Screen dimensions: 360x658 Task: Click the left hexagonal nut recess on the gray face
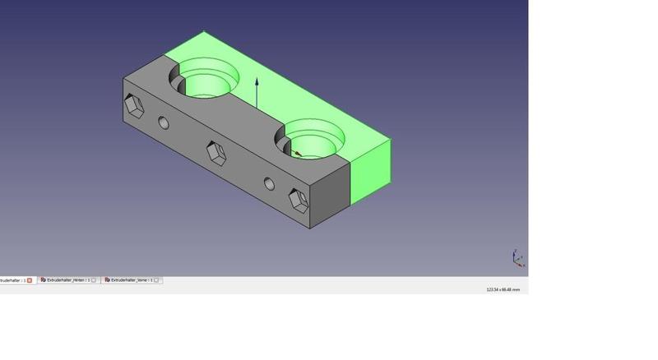pyautogui.click(x=133, y=105)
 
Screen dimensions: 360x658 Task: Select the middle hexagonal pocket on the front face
pyautogui.click(x=215, y=152)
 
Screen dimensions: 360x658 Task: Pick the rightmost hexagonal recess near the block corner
pyautogui.click(x=298, y=200)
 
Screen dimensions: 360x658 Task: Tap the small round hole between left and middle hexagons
pyautogui.click(x=164, y=123)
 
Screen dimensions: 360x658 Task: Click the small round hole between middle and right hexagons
pyautogui.click(x=269, y=183)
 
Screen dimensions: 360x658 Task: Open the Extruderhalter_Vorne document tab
pyautogui.click(x=131, y=280)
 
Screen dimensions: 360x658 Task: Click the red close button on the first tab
pyautogui.click(x=30, y=280)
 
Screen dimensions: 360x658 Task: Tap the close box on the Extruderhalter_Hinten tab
pyautogui.click(x=94, y=280)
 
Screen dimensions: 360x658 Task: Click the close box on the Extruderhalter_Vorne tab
pyautogui.click(x=157, y=280)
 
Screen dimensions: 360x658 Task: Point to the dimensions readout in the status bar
pyautogui.click(x=503, y=289)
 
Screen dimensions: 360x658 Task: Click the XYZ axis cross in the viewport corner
pyautogui.click(x=516, y=258)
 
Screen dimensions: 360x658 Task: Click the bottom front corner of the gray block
pyautogui.click(x=310, y=228)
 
